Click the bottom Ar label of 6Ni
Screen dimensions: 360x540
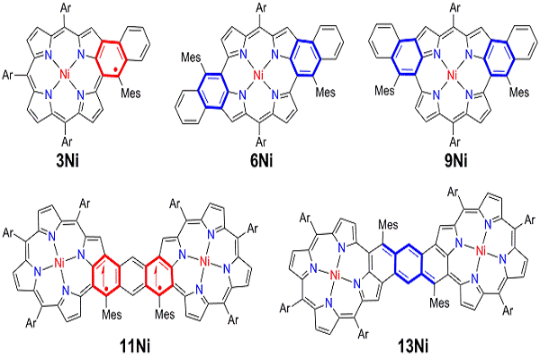(x=258, y=141)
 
